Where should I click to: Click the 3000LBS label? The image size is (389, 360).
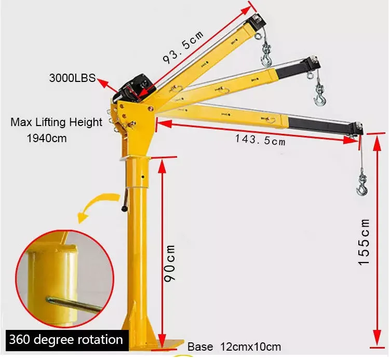[x=72, y=78]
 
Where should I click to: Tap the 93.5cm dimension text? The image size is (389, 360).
[x=183, y=44]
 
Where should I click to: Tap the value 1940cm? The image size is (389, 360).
[x=47, y=139]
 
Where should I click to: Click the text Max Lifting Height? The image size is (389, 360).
[x=57, y=122]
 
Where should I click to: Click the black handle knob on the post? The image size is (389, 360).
[x=125, y=208]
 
